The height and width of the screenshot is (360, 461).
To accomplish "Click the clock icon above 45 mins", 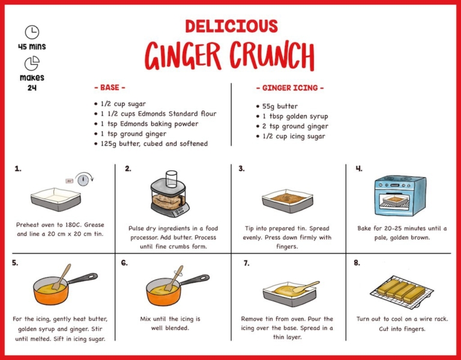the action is pos(32,32).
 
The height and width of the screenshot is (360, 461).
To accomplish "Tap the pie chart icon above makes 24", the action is pos(32,64).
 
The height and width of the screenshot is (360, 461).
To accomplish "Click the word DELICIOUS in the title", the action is pos(231,26).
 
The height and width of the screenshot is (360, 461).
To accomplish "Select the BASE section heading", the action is pos(110,88).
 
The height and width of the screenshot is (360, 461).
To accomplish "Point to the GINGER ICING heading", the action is pos(290,88).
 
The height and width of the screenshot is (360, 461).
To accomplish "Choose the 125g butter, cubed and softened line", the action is pos(151,144).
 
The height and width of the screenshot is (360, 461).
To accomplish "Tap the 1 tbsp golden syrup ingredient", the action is pos(292,116).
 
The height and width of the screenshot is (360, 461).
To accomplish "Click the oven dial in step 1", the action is pos(83,179).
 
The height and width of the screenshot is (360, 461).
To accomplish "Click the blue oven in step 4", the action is pos(400,196).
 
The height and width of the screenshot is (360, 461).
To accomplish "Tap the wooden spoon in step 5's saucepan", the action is pos(62,276).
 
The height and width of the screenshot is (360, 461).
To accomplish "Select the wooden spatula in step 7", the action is pos(306,287).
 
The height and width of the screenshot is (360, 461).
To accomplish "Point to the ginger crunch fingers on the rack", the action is pos(402,291).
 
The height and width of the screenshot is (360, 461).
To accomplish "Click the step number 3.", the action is pos(241,169).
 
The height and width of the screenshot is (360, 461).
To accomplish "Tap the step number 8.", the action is pos(357,263).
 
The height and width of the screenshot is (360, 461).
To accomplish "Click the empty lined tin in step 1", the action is pos(56,199).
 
